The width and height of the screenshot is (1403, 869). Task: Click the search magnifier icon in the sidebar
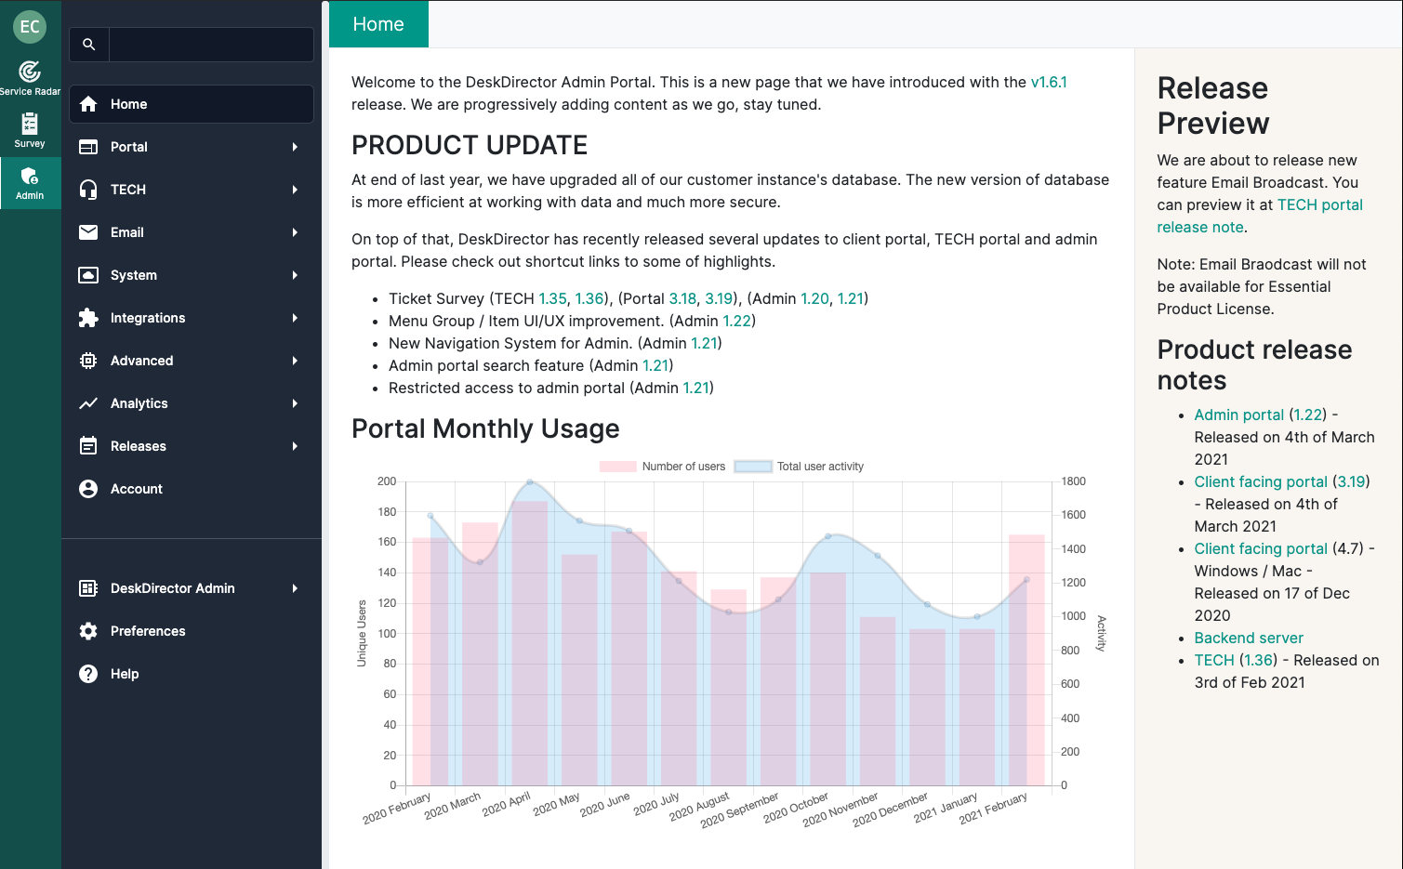coord(88,44)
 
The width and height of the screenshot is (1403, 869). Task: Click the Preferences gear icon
coord(88,631)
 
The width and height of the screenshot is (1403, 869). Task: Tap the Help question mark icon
coord(88,674)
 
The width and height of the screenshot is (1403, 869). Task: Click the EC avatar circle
coord(30,26)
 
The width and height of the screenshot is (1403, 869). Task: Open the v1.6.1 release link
coord(1049,82)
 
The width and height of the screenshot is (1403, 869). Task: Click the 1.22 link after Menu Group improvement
coord(736,321)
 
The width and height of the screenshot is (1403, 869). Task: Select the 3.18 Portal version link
coord(682,298)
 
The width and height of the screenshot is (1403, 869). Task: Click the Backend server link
coord(1249,638)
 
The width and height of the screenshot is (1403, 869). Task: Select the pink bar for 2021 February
coord(1026,660)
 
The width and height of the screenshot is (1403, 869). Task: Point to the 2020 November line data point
coord(878,556)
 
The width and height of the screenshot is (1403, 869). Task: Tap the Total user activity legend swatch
coord(753,467)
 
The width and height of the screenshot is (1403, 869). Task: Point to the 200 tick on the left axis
coord(387,481)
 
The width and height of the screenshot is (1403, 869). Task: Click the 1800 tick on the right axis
coord(1073,481)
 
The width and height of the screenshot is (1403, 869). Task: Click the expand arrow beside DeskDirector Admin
coord(295,588)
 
